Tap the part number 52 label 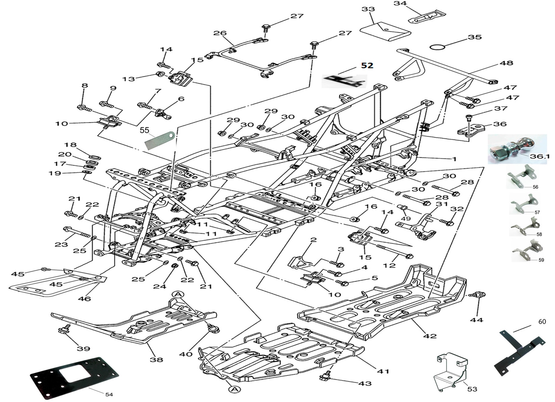(x=367, y=65)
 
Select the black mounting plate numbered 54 (x=74, y=377)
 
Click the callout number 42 (x=429, y=336)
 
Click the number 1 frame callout (x=454, y=159)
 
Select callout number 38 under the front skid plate (x=156, y=359)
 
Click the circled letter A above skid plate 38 (x=178, y=294)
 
